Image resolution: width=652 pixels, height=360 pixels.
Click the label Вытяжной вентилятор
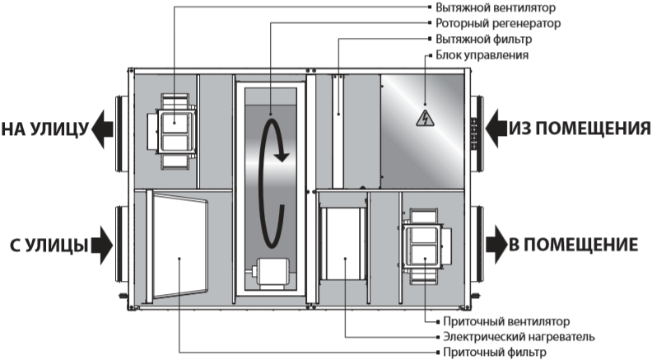click(496, 7)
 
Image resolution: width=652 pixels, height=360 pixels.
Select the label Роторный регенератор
click(498, 23)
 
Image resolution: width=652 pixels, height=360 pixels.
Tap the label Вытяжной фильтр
click(483, 39)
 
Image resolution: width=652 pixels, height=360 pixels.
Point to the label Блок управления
click(482, 55)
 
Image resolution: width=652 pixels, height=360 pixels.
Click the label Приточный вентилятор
click(506, 321)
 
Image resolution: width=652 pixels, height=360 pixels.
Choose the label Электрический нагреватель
click(519, 336)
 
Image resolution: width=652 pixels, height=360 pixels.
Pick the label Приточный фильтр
click(495, 352)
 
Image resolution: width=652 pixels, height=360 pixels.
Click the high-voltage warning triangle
click(425, 119)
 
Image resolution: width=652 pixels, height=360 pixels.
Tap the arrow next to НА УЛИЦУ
click(102, 129)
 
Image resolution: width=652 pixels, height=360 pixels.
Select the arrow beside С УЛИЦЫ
click(102, 245)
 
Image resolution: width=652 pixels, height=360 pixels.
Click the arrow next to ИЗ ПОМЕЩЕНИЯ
click(496, 129)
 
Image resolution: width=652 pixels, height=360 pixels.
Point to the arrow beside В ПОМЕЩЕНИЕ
click(496, 245)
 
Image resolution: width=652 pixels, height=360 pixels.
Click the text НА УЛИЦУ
click(45, 129)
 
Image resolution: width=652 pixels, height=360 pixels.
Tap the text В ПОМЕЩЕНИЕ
click(574, 245)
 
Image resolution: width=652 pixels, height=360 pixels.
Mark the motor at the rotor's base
click(270, 273)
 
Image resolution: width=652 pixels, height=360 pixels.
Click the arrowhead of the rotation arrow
click(282, 157)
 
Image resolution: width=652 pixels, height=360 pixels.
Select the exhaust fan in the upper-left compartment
click(172, 131)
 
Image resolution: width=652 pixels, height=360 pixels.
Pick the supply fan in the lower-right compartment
click(426, 246)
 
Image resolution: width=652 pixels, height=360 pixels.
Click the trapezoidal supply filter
click(179, 245)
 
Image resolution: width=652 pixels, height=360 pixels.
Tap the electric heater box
click(343, 244)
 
